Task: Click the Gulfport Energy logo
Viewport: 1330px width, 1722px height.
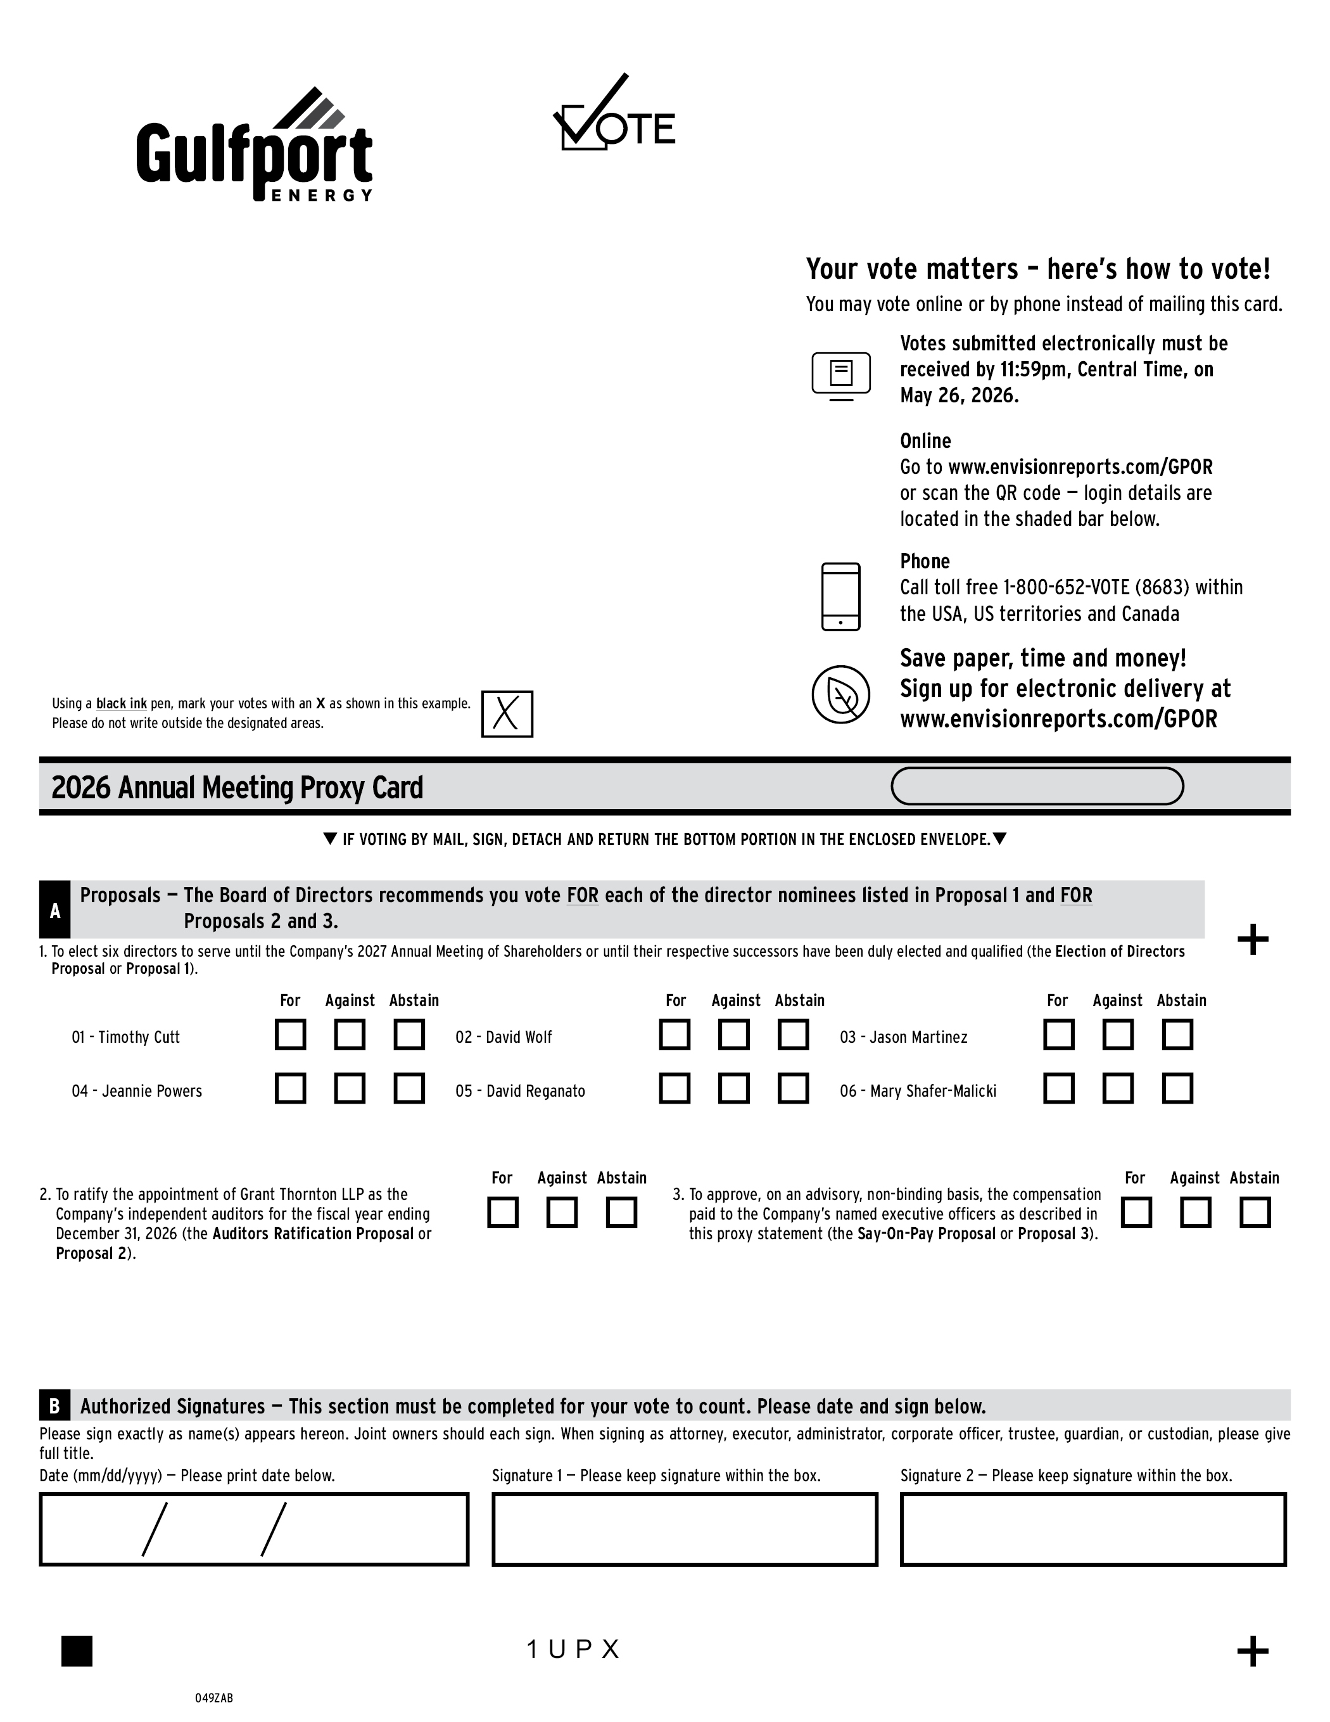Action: coord(254,146)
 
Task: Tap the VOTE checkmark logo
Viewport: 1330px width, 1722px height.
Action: coord(613,114)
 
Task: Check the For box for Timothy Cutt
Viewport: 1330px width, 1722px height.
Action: coord(290,1035)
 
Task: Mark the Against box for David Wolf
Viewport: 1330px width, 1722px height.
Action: coord(734,1035)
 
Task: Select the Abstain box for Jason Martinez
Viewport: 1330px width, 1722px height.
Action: coord(1177,1035)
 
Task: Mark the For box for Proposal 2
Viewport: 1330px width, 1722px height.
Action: coord(502,1213)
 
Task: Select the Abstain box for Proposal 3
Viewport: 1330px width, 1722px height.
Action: coord(1254,1213)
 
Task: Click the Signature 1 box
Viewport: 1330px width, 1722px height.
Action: coord(684,1529)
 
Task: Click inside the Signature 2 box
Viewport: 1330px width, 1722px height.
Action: coord(1092,1529)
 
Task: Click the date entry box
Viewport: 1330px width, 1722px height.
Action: coord(254,1529)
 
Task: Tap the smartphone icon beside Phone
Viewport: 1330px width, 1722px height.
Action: coord(840,597)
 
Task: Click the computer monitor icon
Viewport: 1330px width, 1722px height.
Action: coord(841,375)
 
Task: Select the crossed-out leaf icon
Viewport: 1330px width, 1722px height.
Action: coord(841,694)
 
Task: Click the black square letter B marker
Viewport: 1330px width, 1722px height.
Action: coord(54,1406)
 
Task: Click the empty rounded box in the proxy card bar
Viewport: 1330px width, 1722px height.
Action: coord(1037,786)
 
